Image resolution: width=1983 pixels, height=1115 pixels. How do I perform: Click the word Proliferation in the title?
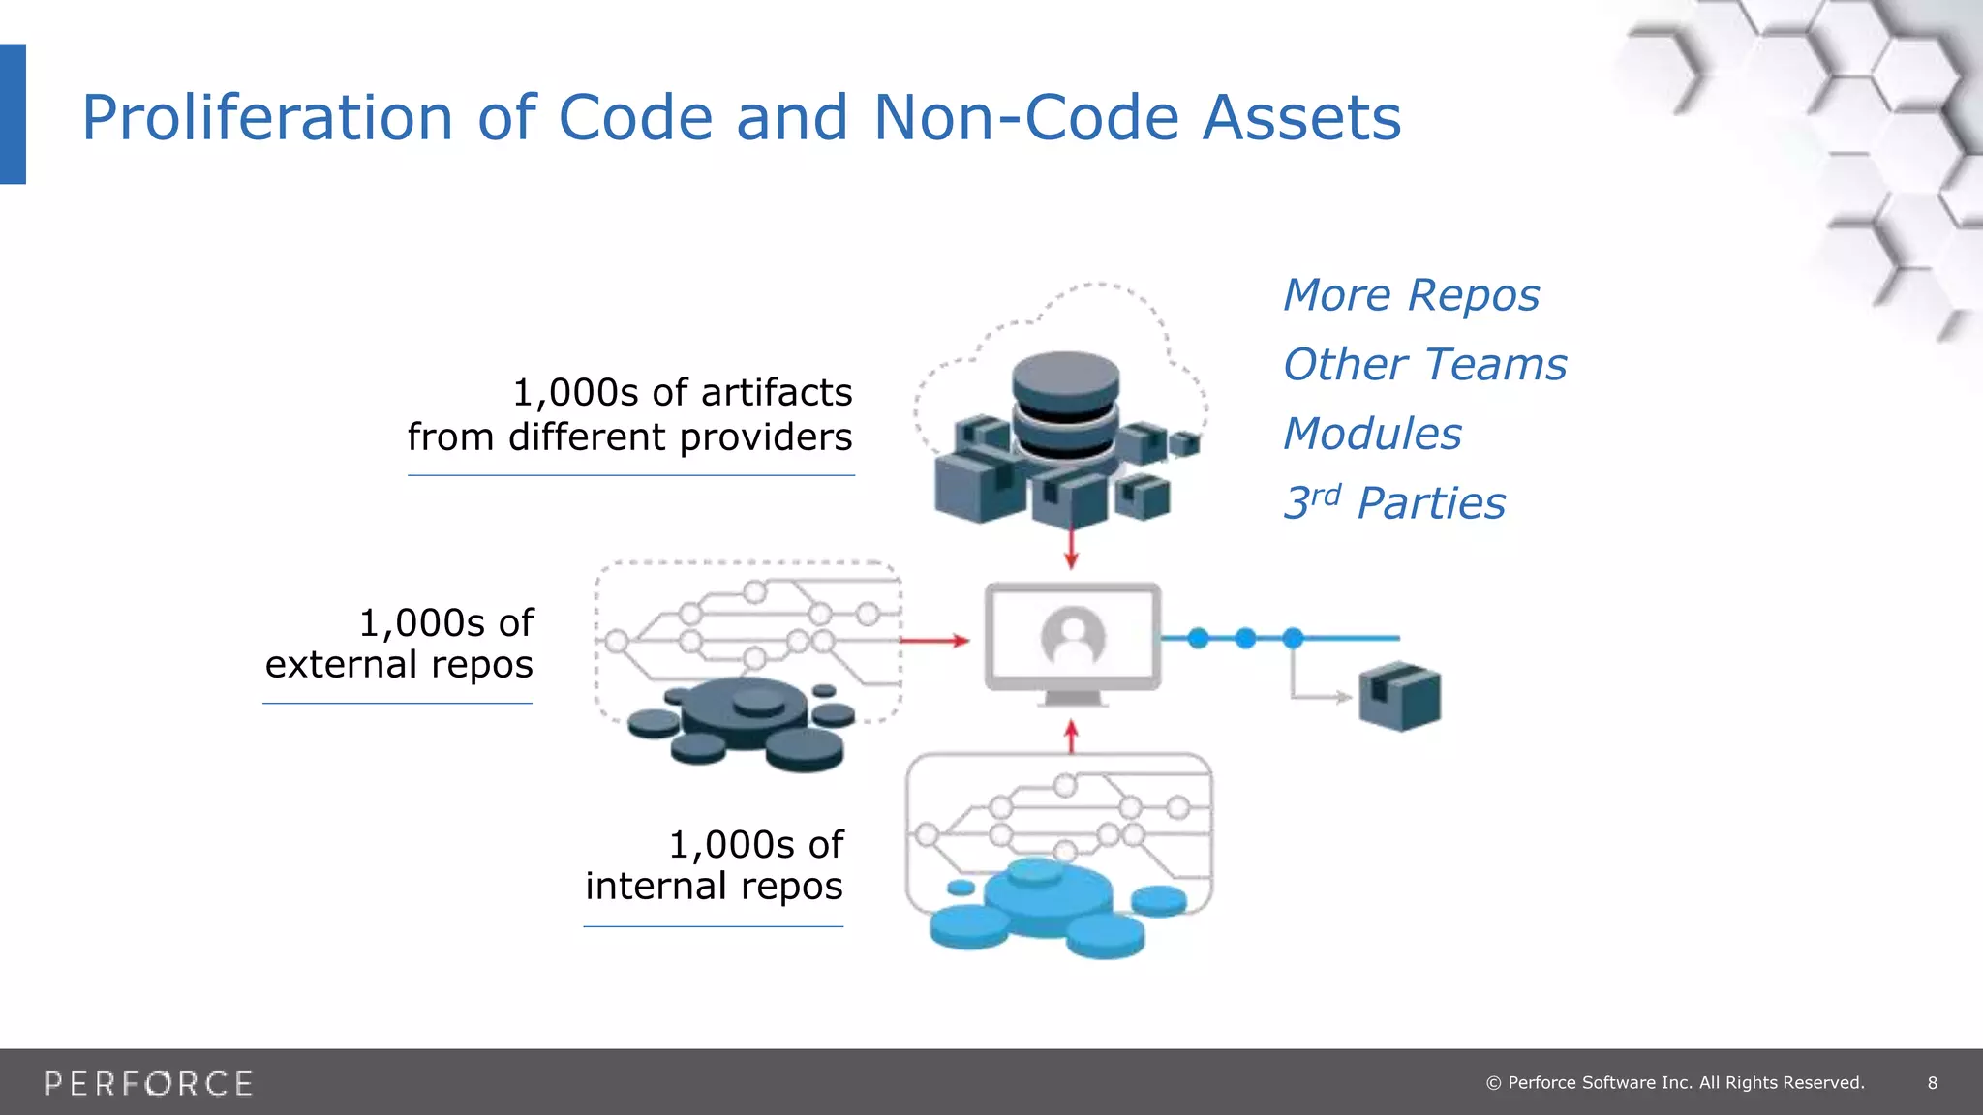(267, 118)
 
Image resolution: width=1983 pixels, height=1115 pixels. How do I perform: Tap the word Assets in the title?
(1301, 118)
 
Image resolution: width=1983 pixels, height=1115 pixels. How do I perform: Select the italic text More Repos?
(1411, 295)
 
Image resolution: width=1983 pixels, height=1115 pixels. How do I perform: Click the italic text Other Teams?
(1424, 365)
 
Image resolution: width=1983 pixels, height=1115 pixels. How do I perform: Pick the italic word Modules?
(1372, 434)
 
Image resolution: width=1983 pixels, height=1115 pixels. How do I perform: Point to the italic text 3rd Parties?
(1394, 503)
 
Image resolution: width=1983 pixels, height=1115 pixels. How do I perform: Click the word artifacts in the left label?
(777, 393)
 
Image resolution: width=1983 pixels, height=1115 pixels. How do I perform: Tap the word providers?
(765, 437)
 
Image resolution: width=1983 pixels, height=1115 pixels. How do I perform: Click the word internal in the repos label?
(656, 887)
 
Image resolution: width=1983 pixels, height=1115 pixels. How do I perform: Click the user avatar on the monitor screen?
(1073, 637)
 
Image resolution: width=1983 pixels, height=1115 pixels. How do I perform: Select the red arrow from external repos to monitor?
(933, 640)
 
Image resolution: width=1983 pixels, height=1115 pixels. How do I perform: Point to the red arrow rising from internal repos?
(1071, 737)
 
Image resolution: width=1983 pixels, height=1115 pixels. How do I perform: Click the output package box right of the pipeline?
(1399, 695)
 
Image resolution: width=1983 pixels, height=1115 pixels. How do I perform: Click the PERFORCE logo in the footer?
(148, 1083)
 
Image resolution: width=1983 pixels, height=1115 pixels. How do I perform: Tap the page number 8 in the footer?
(1932, 1083)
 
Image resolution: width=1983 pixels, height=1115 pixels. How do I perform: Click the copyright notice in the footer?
(1675, 1083)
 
